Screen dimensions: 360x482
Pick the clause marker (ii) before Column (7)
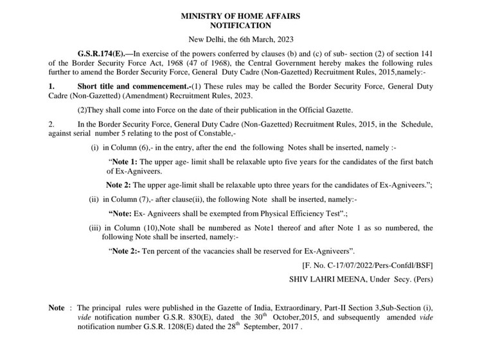pos(95,199)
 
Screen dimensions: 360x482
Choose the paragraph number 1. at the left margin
pos(52,86)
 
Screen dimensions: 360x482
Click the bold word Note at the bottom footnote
pos(57,309)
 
